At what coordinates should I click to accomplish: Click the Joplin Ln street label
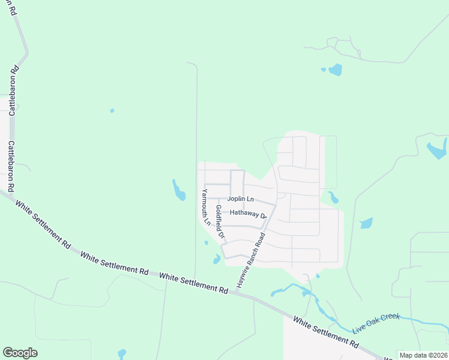point(241,199)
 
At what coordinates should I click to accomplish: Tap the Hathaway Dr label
point(248,213)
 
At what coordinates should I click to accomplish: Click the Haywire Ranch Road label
point(251,262)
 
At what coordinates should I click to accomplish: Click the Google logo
point(20,353)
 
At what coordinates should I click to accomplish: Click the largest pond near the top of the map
point(335,70)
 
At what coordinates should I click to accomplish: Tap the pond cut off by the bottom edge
point(122,354)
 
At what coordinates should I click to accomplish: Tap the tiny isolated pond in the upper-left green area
point(112,110)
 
